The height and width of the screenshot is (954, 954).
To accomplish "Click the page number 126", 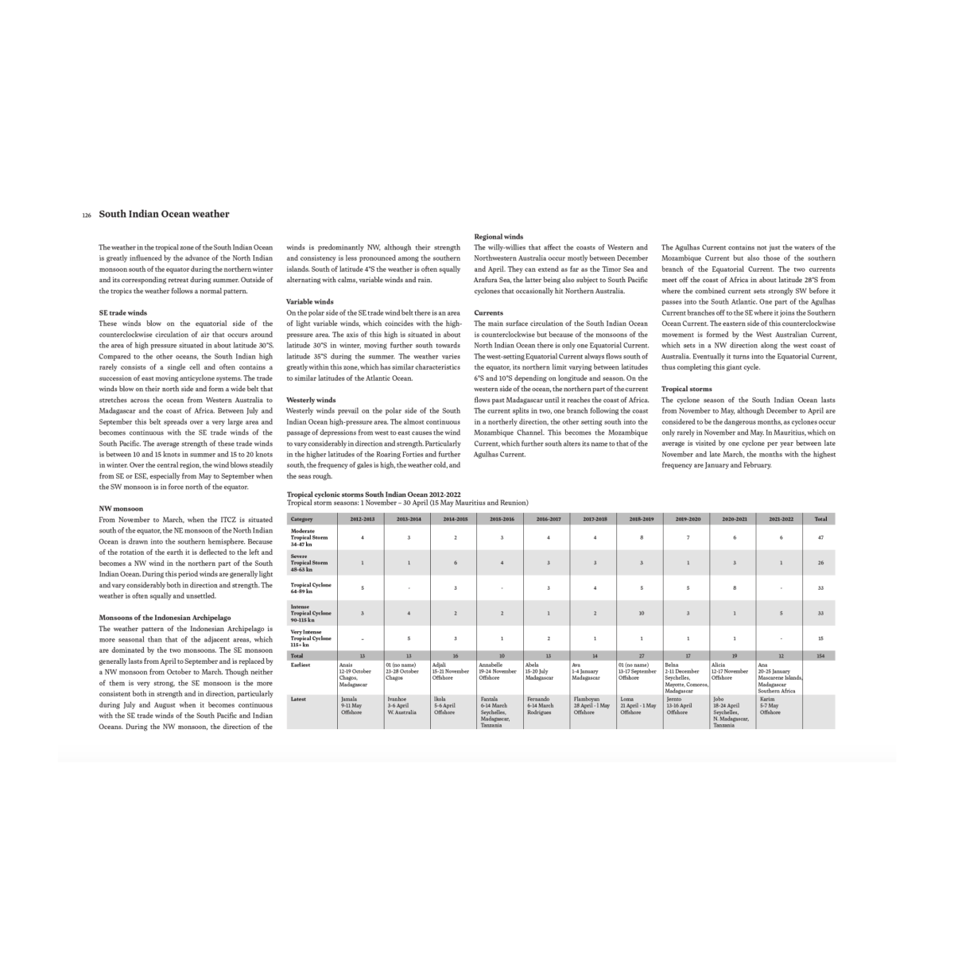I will [x=87, y=215].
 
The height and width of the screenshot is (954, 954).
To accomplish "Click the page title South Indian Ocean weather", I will [x=164, y=214].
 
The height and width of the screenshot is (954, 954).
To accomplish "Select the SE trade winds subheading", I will [x=122, y=313].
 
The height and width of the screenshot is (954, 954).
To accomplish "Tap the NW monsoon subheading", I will [x=121, y=508].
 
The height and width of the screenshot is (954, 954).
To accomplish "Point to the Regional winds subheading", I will [x=498, y=237].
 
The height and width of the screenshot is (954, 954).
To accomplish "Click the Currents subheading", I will [x=488, y=313].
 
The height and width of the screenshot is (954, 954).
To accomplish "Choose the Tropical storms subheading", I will [x=687, y=389].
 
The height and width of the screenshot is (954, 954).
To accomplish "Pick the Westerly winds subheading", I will [x=311, y=400].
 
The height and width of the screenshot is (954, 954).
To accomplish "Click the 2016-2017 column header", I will [x=549, y=519].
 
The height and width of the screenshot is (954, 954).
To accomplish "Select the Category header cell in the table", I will [x=302, y=519].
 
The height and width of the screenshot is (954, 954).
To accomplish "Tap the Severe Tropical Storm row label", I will [x=309, y=563].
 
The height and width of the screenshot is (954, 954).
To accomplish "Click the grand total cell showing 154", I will [x=820, y=656].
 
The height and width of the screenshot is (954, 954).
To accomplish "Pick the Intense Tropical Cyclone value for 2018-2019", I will [x=641, y=613].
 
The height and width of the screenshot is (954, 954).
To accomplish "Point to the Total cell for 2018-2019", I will [x=641, y=656].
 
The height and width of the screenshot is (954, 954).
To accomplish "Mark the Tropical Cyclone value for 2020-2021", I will [x=735, y=588].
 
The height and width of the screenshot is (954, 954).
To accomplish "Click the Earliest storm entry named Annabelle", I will [x=497, y=671].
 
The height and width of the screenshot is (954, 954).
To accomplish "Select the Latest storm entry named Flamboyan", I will [x=591, y=705].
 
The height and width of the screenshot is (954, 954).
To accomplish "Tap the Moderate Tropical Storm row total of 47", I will [x=820, y=538].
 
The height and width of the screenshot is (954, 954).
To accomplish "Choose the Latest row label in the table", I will [x=300, y=699].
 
